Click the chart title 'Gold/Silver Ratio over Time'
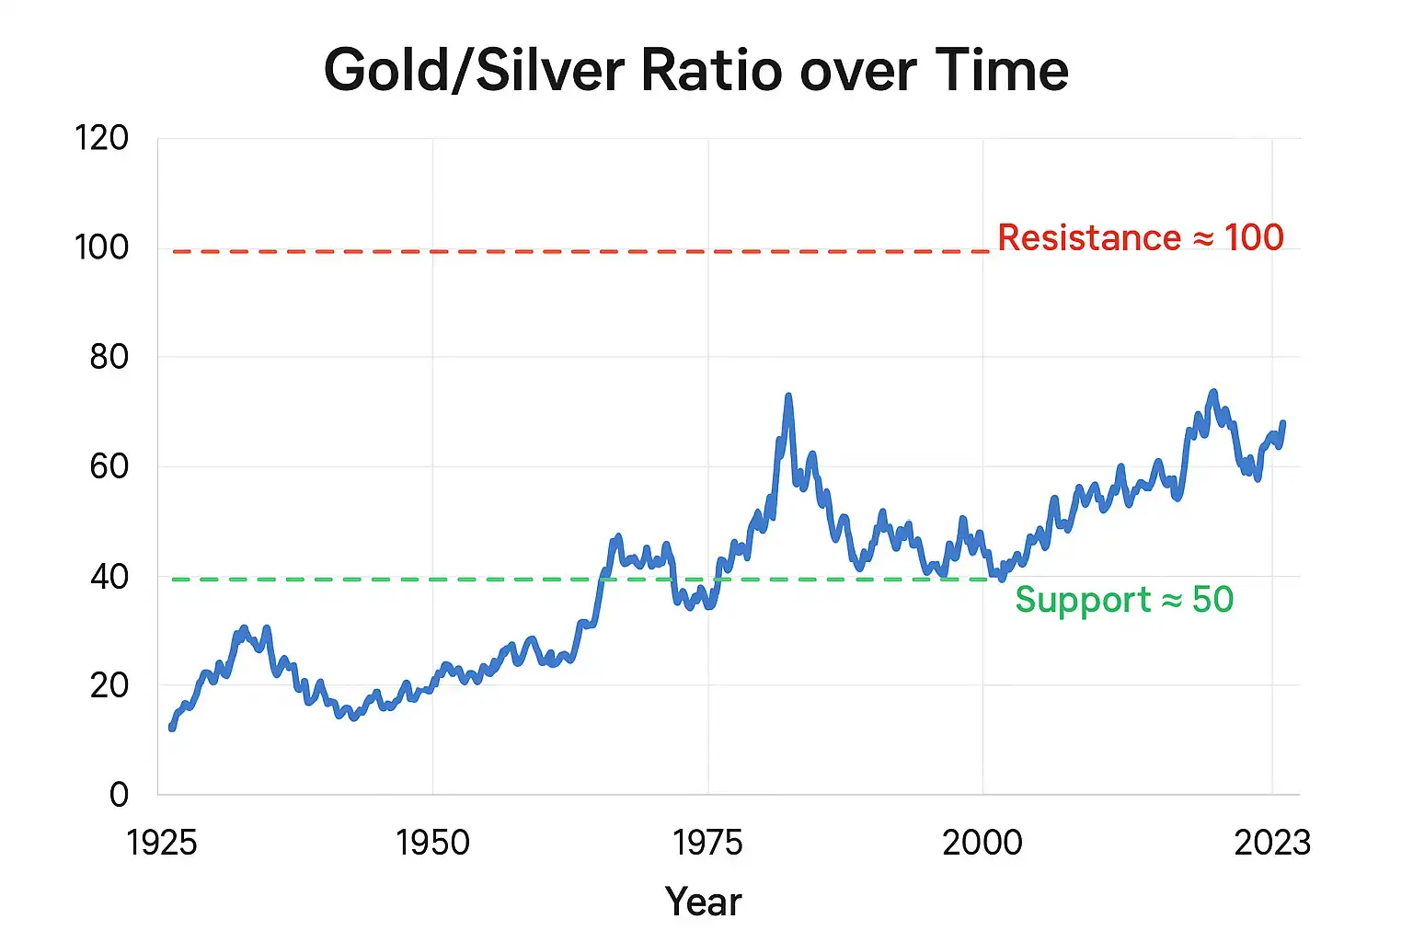[x=695, y=71]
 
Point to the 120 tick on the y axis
[x=101, y=138]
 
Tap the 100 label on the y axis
[x=101, y=247]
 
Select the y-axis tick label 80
[x=109, y=356]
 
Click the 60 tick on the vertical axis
[x=109, y=466]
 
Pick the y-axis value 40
[x=109, y=577]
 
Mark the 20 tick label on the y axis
[x=109, y=685]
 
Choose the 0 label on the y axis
[x=119, y=794]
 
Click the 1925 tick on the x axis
[x=162, y=842]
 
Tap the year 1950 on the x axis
[x=432, y=842]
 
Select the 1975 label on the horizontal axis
[x=707, y=842]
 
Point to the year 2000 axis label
[x=982, y=842]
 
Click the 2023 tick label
[x=1272, y=842]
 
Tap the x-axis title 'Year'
[x=703, y=902]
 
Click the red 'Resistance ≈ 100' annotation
[x=1141, y=237]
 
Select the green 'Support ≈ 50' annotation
[x=1124, y=600]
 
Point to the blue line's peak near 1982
[x=788, y=396]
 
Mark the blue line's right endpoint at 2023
[x=1282, y=423]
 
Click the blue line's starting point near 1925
[x=172, y=728]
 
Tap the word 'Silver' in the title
[x=550, y=71]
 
